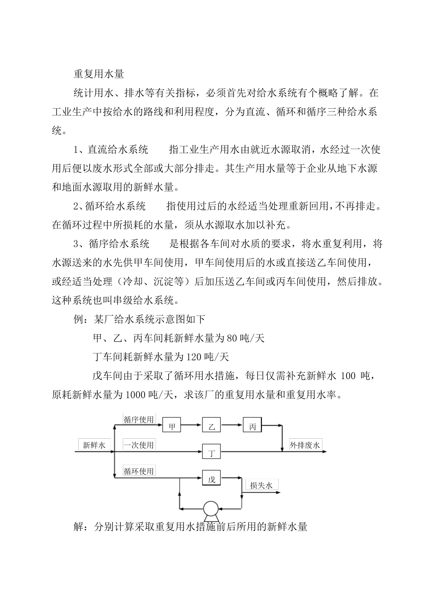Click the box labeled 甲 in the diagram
pos(171,427)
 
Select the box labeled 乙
pos(211,427)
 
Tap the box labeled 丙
pos(252,426)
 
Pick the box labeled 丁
pos(211,452)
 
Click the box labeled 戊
pos(211,479)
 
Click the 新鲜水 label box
pos(94,445)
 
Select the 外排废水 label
pos(305,445)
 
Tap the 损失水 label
pos(261,486)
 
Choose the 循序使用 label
pos(139,419)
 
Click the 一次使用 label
pos(139,445)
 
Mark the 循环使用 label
pos(139,471)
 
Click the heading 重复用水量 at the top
pos(99,73)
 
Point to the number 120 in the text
pos(193,357)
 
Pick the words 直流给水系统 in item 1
pos(117,150)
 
